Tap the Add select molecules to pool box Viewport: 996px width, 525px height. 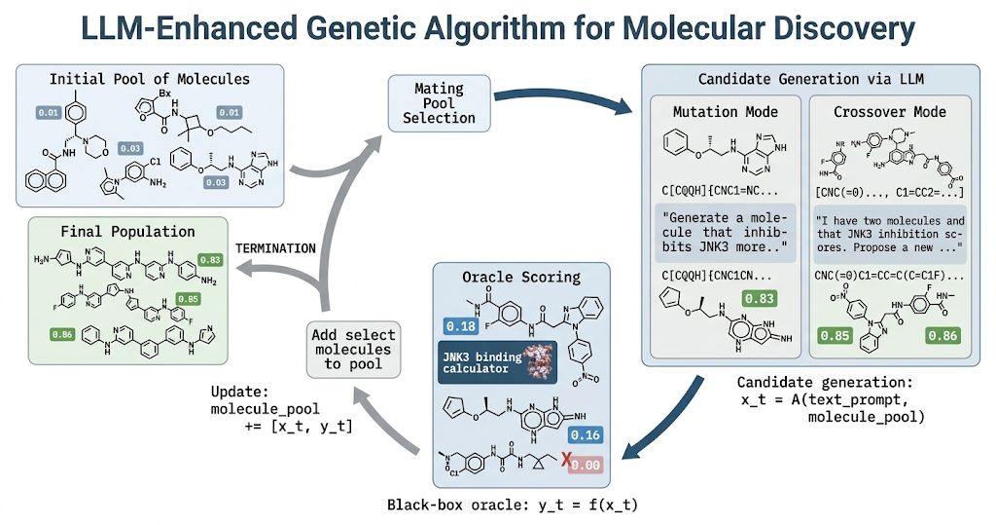[x=352, y=349]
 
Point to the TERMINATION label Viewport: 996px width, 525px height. [x=275, y=248]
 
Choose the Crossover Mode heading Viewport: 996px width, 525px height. [x=889, y=112]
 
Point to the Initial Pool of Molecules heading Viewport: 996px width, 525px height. [x=150, y=78]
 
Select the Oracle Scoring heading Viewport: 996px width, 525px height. [x=521, y=278]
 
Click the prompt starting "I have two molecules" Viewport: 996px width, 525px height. [x=889, y=233]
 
